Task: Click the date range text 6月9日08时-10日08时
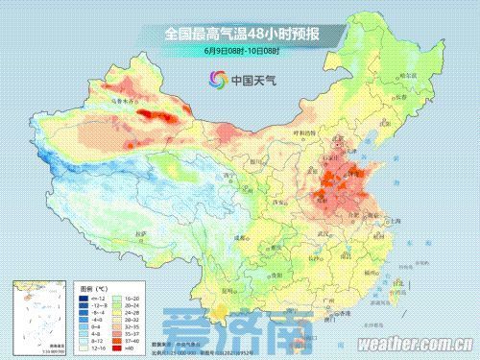pos(240,50)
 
